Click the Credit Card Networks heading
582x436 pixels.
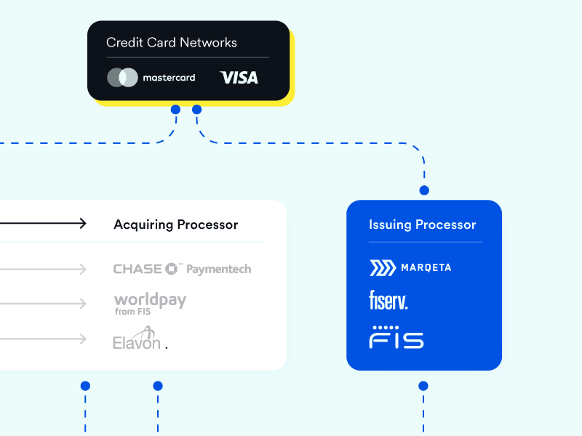(171, 43)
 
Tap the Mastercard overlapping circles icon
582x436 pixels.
(122, 77)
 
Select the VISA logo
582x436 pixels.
(239, 77)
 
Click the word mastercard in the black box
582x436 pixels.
(169, 78)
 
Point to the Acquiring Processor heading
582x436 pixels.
(175, 225)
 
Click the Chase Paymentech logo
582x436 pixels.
(182, 269)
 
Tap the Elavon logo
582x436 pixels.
(138, 339)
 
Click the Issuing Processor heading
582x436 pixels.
(422, 225)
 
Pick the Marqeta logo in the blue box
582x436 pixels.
(410, 267)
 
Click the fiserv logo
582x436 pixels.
(388, 299)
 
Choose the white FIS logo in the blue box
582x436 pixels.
(396, 337)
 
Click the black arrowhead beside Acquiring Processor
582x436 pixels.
(83, 224)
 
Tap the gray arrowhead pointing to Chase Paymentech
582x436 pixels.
(83, 270)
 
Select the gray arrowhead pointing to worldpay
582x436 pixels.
(83, 304)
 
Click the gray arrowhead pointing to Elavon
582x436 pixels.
(83, 339)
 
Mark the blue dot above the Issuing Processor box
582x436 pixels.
(424, 190)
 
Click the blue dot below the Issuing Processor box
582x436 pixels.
(423, 386)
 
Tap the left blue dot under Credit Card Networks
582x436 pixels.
(175, 110)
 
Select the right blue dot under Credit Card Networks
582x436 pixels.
(196, 110)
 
